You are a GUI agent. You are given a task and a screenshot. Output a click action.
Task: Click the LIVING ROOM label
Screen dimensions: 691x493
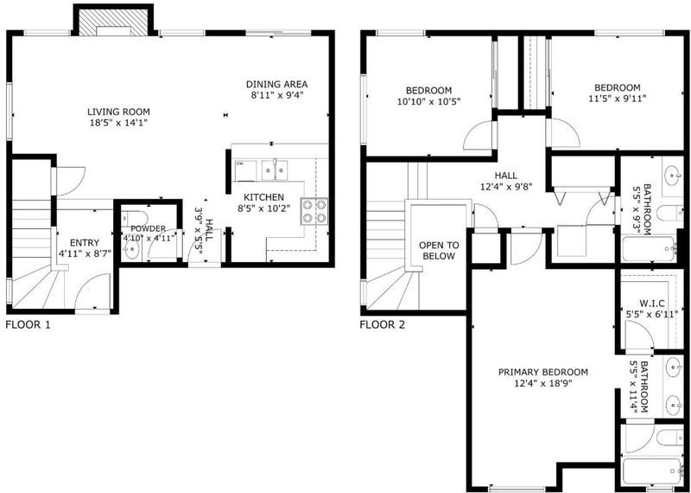(x=118, y=112)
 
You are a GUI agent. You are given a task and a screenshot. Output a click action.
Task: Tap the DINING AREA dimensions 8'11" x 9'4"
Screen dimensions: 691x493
(x=276, y=95)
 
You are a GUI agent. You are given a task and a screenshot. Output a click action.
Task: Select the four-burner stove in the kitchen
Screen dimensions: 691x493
(x=314, y=211)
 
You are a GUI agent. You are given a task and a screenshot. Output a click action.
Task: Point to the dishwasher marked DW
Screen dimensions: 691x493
(x=246, y=170)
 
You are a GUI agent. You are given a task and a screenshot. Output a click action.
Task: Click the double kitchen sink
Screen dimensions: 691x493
(x=275, y=170)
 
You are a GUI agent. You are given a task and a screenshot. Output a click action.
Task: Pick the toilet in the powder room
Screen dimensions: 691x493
(x=134, y=217)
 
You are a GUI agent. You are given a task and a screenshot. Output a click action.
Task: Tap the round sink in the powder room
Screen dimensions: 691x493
(x=131, y=252)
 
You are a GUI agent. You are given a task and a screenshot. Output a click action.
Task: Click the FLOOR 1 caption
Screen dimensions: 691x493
(x=28, y=325)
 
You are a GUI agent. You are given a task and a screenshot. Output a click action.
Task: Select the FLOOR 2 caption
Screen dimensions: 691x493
(x=383, y=325)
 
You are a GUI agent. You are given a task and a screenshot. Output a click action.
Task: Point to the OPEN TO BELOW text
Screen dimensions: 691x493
(x=439, y=251)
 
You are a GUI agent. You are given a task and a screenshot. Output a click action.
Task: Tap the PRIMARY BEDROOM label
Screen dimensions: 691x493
(x=543, y=372)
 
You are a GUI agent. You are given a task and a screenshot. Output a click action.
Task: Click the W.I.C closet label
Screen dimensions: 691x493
(x=652, y=304)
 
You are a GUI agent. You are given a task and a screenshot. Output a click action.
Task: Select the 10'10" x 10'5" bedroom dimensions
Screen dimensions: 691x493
(x=428, y=101)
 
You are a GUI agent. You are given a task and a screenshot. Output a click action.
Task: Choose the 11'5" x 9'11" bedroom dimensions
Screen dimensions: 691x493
(x=617, y=99)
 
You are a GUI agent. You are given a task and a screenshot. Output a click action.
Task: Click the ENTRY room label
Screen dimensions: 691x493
(x=85, y=242)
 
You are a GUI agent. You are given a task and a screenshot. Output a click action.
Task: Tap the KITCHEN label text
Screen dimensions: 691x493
(x=264, y=197)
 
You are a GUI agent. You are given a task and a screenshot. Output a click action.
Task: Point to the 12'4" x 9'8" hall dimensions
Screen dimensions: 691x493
(x=506, y=187)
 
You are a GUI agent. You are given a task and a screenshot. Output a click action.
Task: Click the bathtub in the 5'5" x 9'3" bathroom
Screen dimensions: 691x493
(x=649, y=249)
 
